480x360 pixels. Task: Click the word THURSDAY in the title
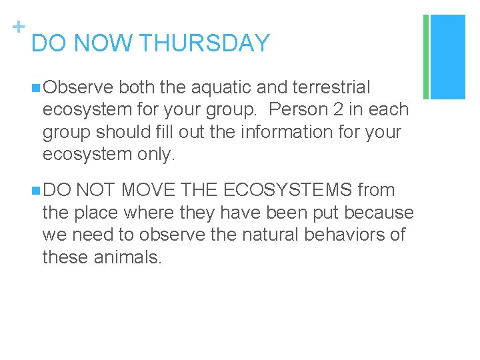click(x=205, y=43)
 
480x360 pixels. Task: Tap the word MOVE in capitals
click(x=147, y=191)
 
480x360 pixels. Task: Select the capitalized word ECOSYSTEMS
click(x=288, y=191)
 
